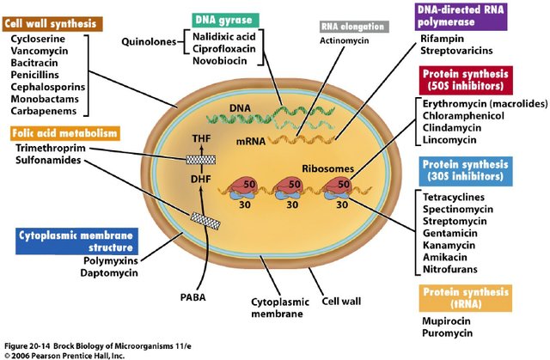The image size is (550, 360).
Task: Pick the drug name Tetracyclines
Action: (x=456, y=197)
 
